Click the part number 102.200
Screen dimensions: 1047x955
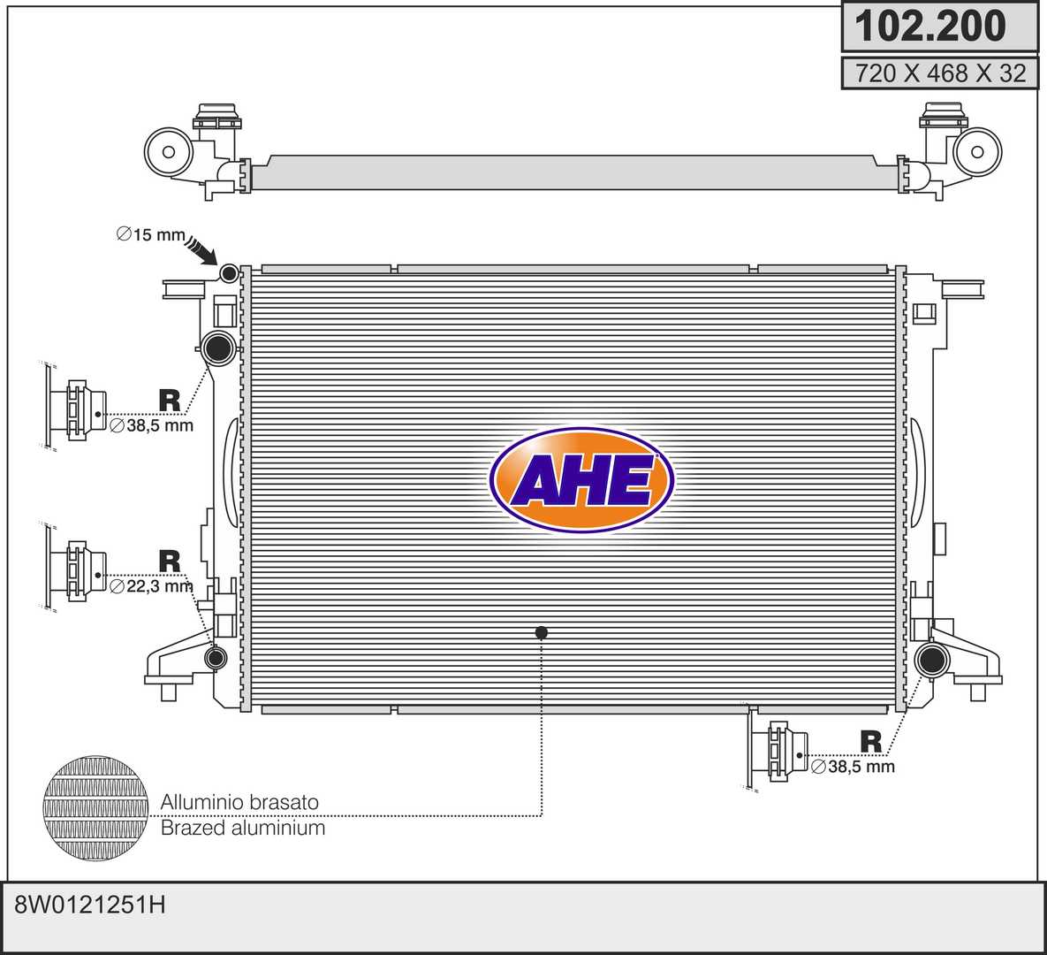(x=930, y=26)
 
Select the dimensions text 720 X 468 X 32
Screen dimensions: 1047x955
(x=940, y=73)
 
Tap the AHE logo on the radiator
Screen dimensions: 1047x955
(x=580, y=480)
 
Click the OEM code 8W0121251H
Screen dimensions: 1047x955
(x=89, y=905)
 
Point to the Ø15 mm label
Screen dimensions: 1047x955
(x=151, y=234)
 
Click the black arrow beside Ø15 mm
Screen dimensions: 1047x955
(x=201, y=250)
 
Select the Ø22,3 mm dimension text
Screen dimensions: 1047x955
(x=151, y=587)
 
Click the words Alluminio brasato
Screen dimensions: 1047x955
(x=239, y=802)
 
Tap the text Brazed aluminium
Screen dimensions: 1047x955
(x=243, y=828)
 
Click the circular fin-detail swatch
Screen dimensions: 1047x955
(x=95, y=808)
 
